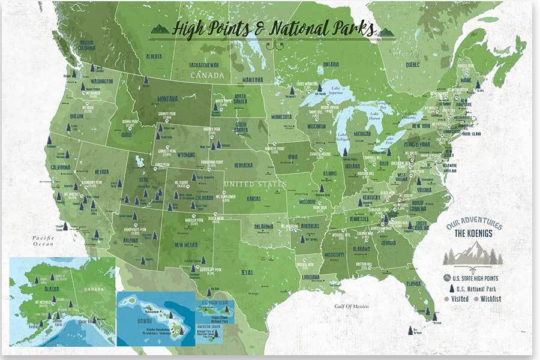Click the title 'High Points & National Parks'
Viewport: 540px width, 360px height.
272,28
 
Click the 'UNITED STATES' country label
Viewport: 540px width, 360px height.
255,184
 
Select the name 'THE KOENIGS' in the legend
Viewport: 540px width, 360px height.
474,234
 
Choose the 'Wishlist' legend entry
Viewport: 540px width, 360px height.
490,299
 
